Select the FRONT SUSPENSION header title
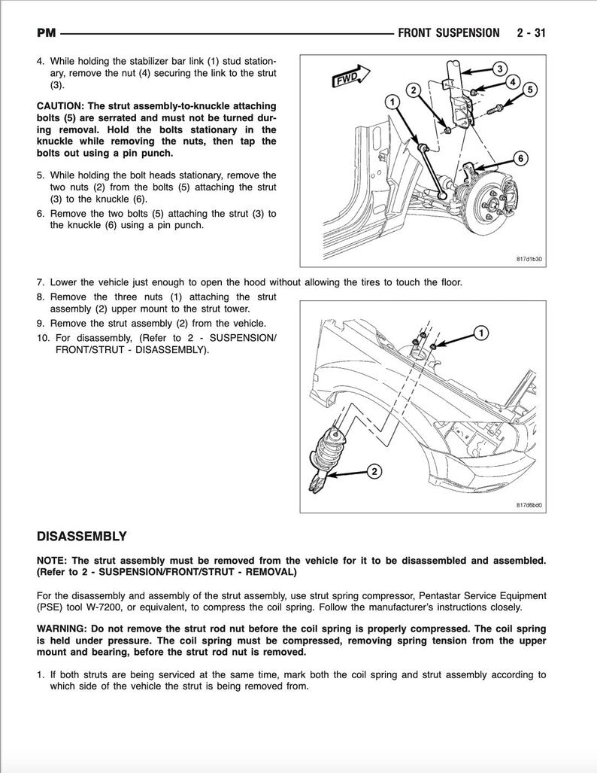[448, 33]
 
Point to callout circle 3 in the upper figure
[499, 68]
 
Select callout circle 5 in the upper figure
[529, 90]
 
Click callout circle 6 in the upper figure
[520, 158]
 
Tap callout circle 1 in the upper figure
[391, 101]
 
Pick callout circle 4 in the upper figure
[511, 81]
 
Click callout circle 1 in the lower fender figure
[480, 333]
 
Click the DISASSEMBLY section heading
[81, 537]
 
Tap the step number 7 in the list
[40, 283]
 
